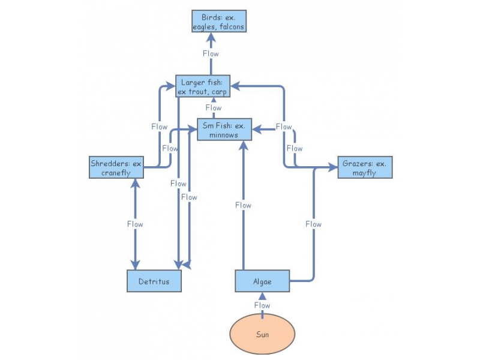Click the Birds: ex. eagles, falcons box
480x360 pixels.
[219, 22]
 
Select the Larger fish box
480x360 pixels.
[202, 86]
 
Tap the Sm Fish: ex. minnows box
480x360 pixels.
[224, 130]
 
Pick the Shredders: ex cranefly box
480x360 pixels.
[117, 167]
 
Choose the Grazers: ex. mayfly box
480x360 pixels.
[365, 167]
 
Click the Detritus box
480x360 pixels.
[154, 281]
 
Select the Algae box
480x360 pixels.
[262, 281]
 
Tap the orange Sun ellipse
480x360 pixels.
[262, 334]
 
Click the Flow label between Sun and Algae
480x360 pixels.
[262, 305]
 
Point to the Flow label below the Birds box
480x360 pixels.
[211, 53]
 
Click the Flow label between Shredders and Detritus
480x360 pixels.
[135, 224]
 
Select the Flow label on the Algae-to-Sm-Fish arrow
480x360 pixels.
[243, 205]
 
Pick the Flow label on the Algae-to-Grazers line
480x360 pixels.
[313, 224]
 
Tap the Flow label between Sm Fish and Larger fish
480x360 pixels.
[213, 108]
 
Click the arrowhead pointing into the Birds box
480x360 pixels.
[211, 37]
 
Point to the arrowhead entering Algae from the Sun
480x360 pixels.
[262, 295]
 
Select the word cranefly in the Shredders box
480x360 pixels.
[117, 173]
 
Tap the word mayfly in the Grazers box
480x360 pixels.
[365, 173]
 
